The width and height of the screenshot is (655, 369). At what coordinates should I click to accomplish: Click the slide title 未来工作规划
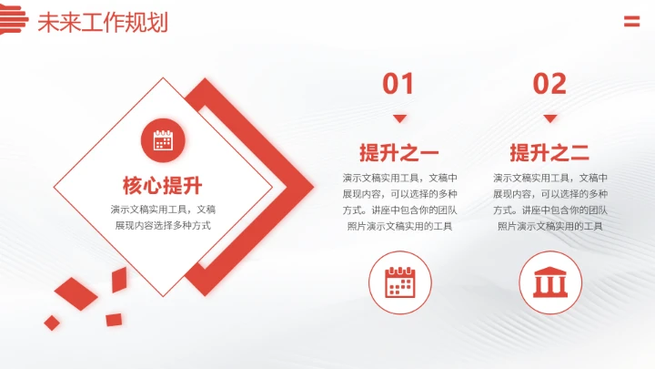(x=102, y=22)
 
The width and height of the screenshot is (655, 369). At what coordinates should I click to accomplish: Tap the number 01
(x=398, y=84)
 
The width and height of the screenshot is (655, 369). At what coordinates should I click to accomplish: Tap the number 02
(x=549, y=84)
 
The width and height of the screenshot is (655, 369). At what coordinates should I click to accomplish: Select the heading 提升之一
(x=399, y=152)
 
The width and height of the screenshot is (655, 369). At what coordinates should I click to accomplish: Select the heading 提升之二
(x=549, y=152)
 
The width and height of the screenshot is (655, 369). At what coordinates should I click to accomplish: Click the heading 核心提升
(x=162, y=185)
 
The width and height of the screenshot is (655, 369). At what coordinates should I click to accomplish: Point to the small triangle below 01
(x=399, y=118)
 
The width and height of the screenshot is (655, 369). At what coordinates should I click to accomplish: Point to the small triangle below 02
(x=549, y=118)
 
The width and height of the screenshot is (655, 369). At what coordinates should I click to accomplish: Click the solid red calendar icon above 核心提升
(x=163, y=140)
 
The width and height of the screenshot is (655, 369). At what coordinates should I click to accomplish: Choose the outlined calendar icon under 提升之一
(x=399, y=282)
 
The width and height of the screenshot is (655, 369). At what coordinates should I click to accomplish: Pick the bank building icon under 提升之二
(x=549, y=282)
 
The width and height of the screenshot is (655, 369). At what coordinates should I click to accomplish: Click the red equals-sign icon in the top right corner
(x=631, y=22)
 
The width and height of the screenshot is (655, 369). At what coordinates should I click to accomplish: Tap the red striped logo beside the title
(x=14, y=19)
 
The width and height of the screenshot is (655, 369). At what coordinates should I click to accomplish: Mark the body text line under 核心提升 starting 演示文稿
(x=163, y=209)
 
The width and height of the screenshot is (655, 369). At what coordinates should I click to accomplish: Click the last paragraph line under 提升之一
(x=399, y=226)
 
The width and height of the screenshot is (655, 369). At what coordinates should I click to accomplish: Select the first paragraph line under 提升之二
(x=549, y=177)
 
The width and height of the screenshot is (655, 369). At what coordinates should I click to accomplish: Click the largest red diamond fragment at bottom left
(x=76, y=293)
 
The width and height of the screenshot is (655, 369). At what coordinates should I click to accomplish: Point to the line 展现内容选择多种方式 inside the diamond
(x=163, y=225)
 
